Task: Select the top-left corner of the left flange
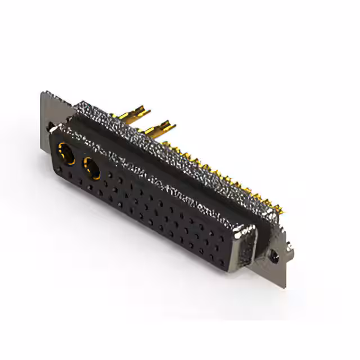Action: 43,93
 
